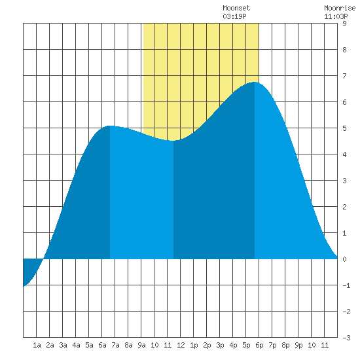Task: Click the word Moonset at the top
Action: [x=236, y=8]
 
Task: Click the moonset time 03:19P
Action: [x=234, y=16]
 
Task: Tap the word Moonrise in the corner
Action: [x=340, y=8]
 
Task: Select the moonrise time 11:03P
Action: [x=336, y=16]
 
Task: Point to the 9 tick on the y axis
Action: [x=344, y=24]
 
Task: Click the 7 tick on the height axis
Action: [x=344, y=76]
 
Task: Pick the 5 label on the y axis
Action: [x=344, y=128]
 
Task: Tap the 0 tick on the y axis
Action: [x=344, y=259]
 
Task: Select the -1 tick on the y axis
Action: [x=346, y=285]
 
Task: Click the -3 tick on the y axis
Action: [x=346, y=338]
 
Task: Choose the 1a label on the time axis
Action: [x=37, y=345]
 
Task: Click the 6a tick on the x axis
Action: [x=102, y=345]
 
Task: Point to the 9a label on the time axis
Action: [x=141, y=345]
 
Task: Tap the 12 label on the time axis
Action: [x=181, y=345]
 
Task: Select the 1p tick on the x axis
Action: [x=194, y=345]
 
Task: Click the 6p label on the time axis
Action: [x=259, y=345]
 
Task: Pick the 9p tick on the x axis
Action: [x=298, y=345]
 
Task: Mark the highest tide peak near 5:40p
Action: [x=255, y=82]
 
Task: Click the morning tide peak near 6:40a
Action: [x=110, y=126]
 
